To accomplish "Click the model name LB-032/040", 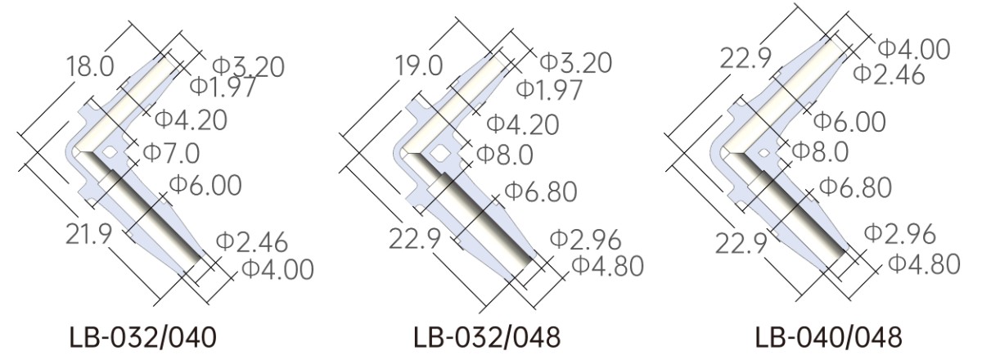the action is [x=143, y=338].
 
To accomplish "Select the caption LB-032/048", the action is [x=487, y=338].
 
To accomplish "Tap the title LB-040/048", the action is [x=828, y=338].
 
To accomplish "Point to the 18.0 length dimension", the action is [x=90, y=67].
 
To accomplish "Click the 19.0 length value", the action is [x=419, y=66].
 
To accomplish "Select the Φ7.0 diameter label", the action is [x=171, y=153].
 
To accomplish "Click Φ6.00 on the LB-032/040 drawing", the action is [x=205, y=185].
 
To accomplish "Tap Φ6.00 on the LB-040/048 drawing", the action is [x=849, y=121].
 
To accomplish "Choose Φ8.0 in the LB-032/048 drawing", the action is [x=505, y=155].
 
